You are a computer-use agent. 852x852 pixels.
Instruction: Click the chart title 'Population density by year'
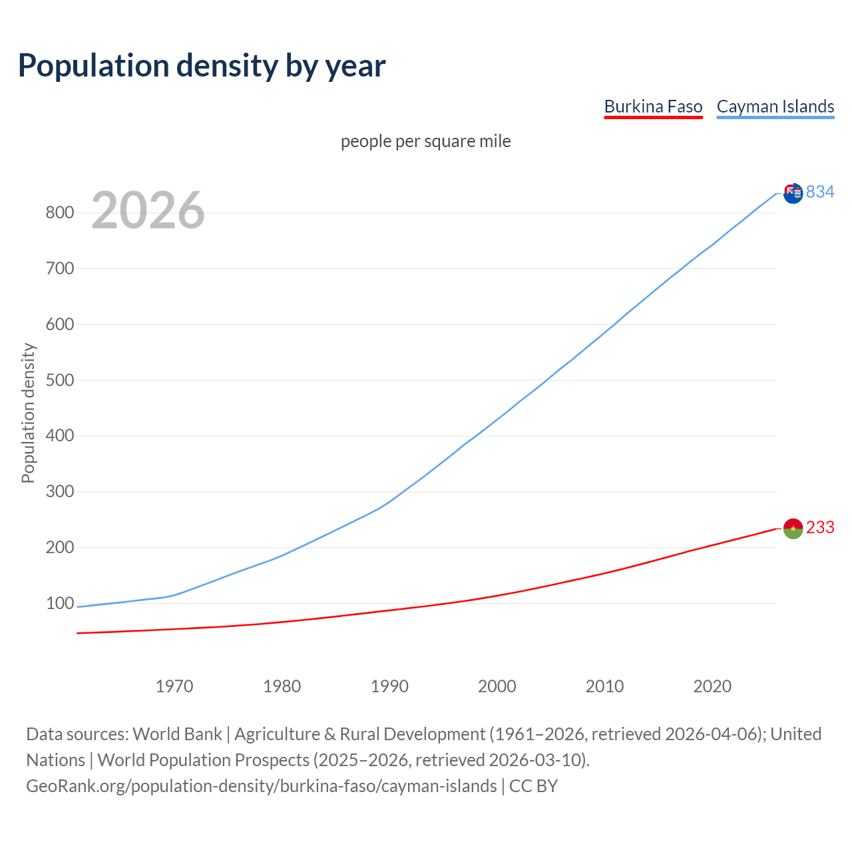coord(202,65)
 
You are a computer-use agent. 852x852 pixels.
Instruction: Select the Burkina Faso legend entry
coord(653,106)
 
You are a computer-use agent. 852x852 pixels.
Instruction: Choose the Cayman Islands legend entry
coord(775,106)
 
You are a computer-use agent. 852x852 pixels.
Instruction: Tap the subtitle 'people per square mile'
coord(425,141)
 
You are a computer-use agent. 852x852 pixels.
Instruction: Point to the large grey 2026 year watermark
coord(148,210)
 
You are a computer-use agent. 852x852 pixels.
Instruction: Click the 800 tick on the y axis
coord(59,213)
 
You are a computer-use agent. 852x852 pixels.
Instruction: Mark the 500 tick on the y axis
coord(59,380)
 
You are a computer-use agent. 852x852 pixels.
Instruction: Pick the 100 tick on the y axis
coord(59,604)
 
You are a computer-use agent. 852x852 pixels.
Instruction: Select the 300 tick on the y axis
coord(59,492)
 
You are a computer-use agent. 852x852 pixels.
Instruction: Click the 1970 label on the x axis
coord(174,686)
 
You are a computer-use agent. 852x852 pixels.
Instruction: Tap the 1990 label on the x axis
coord(389,686)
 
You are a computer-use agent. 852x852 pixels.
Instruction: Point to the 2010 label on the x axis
coord(604,686)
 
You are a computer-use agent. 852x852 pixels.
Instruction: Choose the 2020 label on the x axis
coord(712,686)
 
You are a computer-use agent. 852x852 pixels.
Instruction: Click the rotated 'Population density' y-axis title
coord(28,413)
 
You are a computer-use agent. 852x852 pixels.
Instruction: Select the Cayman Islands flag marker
coord(793,193)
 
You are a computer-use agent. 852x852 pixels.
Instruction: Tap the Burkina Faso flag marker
coord(793,529)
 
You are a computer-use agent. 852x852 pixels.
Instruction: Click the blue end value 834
coord(820,192)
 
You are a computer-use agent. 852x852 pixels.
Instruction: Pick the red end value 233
coord(820,527)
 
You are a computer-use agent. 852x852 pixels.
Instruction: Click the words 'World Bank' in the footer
coord(177,734)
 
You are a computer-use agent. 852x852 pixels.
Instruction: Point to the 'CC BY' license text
coord(533,786)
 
